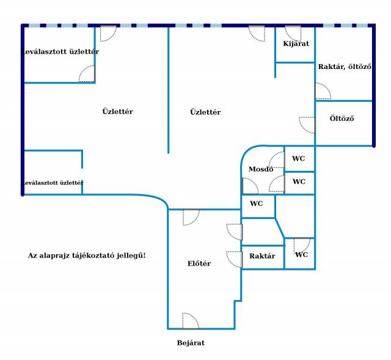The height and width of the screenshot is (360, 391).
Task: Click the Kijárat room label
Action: (296, 44)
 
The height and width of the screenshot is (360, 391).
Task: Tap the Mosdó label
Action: (261, 169)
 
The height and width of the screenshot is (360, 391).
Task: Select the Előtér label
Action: (199, 264)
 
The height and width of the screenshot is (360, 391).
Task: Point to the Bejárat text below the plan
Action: (191, 343)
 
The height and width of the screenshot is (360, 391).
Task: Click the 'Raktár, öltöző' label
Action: (345, 67)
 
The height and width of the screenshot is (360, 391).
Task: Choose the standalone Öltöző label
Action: (342, 118)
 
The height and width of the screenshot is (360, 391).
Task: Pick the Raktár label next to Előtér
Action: (262, 256)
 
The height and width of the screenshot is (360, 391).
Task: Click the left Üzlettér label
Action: (117, 111)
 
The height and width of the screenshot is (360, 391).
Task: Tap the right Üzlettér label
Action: (205, 112)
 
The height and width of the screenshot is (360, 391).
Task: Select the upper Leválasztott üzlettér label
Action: (60, 52)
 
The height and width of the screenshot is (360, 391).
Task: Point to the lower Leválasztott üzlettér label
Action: (53, 182)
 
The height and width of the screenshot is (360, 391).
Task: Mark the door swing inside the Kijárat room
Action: (293, 34)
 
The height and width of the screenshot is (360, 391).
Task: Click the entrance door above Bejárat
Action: (191, 321)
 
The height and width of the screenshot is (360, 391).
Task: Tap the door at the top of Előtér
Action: (191, 217)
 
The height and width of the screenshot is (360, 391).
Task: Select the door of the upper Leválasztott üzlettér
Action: (87, 74)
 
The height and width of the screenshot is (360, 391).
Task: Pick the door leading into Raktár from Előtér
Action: (235, 260)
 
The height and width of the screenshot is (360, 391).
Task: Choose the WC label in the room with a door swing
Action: (301, 254)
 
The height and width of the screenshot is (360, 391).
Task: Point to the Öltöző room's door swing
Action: (307, 125)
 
